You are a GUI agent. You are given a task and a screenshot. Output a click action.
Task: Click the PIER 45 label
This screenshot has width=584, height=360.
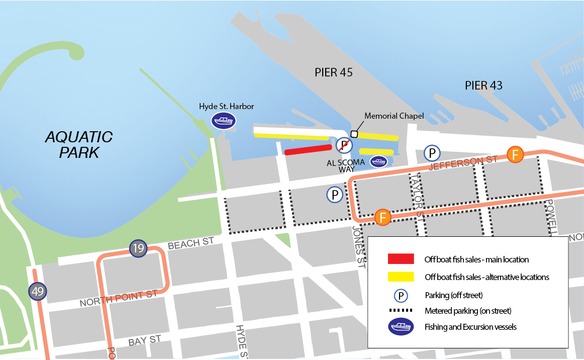[x=334, y=72]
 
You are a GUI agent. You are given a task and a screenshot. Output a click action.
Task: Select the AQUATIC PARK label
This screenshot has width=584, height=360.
[x=79, y=144]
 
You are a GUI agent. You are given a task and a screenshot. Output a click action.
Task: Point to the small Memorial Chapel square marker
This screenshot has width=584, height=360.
[x=354, y=134]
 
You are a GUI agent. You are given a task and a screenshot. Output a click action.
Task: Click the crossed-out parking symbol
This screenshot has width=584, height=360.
[x=344, y=145]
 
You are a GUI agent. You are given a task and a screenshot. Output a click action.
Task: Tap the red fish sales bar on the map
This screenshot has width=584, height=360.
[x=308, y=149]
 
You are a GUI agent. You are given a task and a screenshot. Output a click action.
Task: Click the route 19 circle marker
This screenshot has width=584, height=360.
[x=138, y=248]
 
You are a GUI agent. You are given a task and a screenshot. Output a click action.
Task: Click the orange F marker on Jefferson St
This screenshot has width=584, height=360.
[x=515, y=154]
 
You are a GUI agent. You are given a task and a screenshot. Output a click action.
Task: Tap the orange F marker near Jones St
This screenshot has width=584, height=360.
[x=383, y=217]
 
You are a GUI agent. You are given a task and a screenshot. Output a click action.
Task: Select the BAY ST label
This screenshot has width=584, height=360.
[x=144, y=340]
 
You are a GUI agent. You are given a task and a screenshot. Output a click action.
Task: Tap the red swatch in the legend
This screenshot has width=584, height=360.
[x=401, y=259]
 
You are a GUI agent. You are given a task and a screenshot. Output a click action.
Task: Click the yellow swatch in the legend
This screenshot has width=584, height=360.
[x=401, y=277]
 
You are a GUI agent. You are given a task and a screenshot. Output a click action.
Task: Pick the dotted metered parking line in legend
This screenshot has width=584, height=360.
[x=401, y=310]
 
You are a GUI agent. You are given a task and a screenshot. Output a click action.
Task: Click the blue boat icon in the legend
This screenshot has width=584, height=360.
[x=401, y=327]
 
